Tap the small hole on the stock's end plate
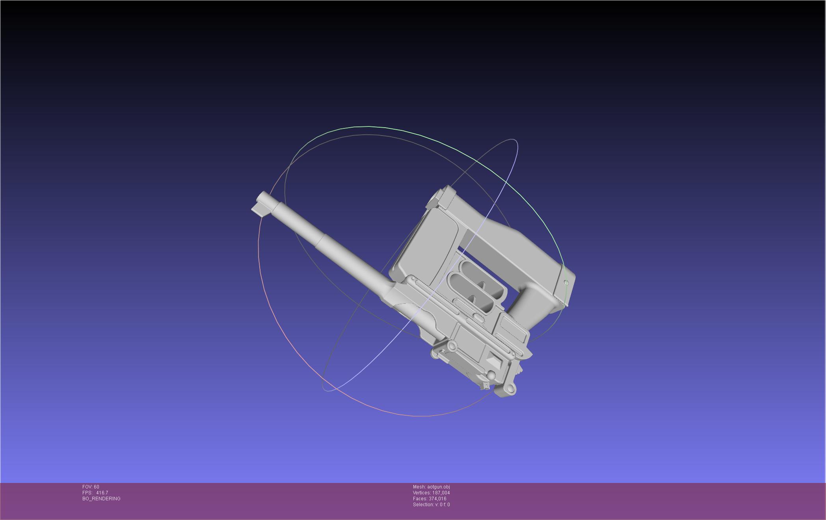tap(566, 282)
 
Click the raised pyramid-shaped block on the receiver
tap(493, 359)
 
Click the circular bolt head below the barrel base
tap(452, 346)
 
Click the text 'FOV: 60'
tap(91, 487)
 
